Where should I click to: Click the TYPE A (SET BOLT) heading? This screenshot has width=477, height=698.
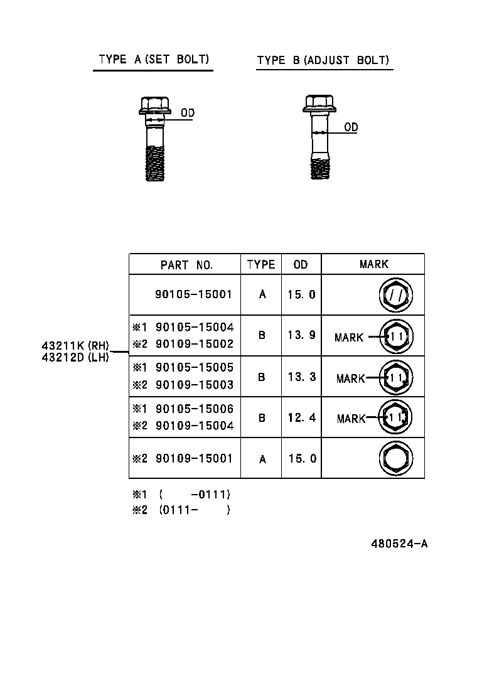153,60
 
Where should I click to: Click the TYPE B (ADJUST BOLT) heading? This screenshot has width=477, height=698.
323,61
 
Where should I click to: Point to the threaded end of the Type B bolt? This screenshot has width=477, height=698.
320,168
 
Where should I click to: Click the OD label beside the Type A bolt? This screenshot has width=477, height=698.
188,113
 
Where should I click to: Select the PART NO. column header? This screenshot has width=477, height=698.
186,265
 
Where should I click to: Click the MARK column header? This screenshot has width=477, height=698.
373,264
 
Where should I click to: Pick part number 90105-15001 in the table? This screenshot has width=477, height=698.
194,294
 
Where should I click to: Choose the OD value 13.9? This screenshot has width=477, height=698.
301,335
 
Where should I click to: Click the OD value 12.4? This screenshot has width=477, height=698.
301,417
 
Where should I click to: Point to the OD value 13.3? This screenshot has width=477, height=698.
301,377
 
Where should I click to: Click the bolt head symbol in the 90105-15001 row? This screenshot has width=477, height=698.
396,294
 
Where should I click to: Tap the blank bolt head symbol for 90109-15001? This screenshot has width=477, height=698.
396,458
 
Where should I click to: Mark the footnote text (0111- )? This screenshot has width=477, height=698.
194,510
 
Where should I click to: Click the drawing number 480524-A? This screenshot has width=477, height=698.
399,544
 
